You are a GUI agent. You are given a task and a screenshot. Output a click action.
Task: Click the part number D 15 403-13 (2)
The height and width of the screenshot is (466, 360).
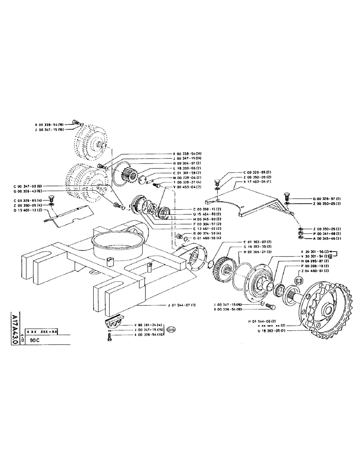coord(28,210)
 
